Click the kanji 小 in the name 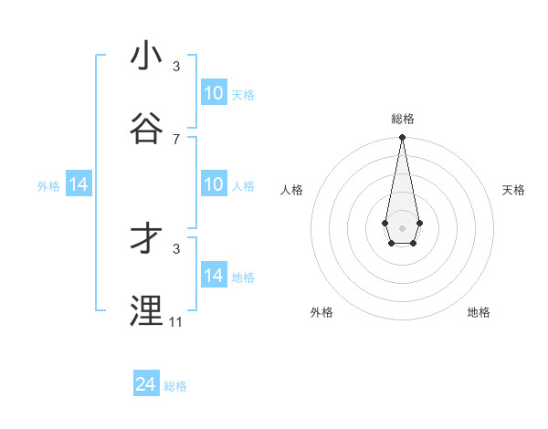(x=146, y=56)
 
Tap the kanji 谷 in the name (x=146, y=129)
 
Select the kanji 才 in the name (x=146, y=238)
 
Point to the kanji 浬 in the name (x=146, y=311)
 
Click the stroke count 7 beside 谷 (x=176, y=139)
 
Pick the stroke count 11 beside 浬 (x=176, y=321)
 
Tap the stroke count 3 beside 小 (x=176, y=66)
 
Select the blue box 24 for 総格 (x=146, y=384)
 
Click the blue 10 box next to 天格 (x=213, y=93)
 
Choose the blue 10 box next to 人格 (x=213, y=184)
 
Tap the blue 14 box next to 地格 (x=213, y=276)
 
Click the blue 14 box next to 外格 (x=79, y=184)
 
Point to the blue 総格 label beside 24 (x=175, y=386)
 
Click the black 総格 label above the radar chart (x=403, y=119)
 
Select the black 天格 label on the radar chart (x=514, y=190)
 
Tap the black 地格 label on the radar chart (x=479, y=312)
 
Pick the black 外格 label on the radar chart (x=321, y=312)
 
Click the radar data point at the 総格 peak (x=402, y=138)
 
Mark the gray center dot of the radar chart (x=402, y=226)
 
